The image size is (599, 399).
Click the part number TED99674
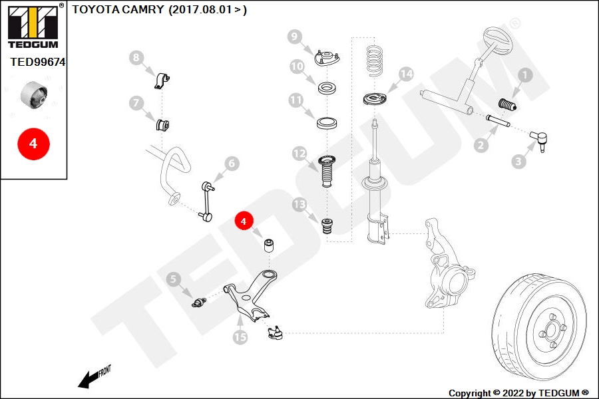38,62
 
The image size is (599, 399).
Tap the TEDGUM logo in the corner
34,27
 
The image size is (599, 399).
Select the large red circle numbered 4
34,144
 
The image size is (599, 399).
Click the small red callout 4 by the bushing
244,221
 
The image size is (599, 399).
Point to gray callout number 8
136,58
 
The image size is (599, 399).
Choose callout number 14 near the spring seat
407,74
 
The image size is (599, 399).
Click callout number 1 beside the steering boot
525,75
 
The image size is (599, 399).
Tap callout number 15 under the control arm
240,337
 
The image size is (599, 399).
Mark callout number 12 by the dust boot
299,154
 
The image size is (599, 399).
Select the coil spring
375,61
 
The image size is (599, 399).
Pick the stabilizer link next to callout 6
207,201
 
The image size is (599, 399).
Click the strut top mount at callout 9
327,59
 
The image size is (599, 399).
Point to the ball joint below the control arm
276,333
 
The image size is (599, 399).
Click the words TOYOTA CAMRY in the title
118,9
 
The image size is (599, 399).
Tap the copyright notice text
518,393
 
